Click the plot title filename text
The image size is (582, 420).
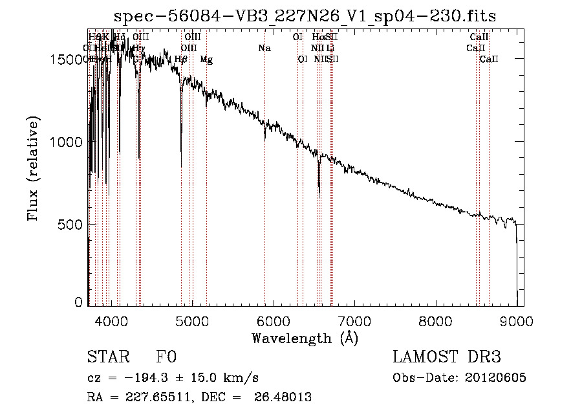tap(305, 16)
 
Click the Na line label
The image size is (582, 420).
tap(264, 48)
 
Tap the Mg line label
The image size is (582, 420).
tap(206, 60)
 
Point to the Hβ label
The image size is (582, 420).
tap(181, 60)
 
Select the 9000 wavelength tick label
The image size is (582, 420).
tap(517, 320)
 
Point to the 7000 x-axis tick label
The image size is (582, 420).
tap(354, 320)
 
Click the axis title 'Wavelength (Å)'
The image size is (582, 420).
tap(305, 338)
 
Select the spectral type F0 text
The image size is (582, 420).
tap(166, 358)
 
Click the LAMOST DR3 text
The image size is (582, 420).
tap(446, 358)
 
